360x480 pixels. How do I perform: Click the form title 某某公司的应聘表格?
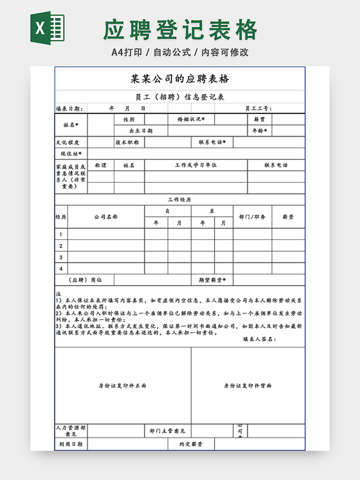click(x=179, y=80)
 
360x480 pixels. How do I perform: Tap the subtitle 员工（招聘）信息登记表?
click(x=179, y=98)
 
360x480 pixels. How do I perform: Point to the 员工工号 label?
click(x=258, y=109)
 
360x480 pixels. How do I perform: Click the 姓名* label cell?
click(x=71, y=125)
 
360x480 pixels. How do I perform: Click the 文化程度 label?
click(x=67, y=142)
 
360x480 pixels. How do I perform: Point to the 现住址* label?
click(x=71, y=154)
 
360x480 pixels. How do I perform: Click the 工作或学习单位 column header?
click(x=195, y=165)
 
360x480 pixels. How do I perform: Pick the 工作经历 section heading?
click(x=179, y=200)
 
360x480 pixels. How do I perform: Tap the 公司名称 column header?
click(x=106, y=217)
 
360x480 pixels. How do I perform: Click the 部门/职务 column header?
click(x=251, y=217)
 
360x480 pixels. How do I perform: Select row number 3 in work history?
click(x=61, y=257)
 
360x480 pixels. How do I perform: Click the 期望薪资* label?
click(x=210, y=280)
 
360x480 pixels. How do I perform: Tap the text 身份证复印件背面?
click(x=248, y=385)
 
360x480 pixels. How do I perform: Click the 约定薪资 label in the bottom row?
click(x=191, y=444)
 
